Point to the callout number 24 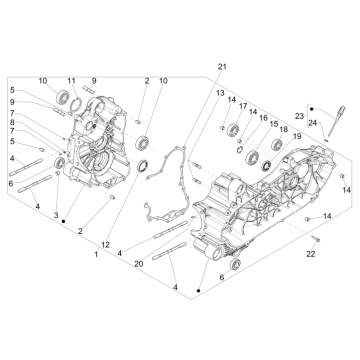312,125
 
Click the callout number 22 311,255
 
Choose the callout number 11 71,80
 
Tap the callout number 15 273,123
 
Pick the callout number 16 263,117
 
